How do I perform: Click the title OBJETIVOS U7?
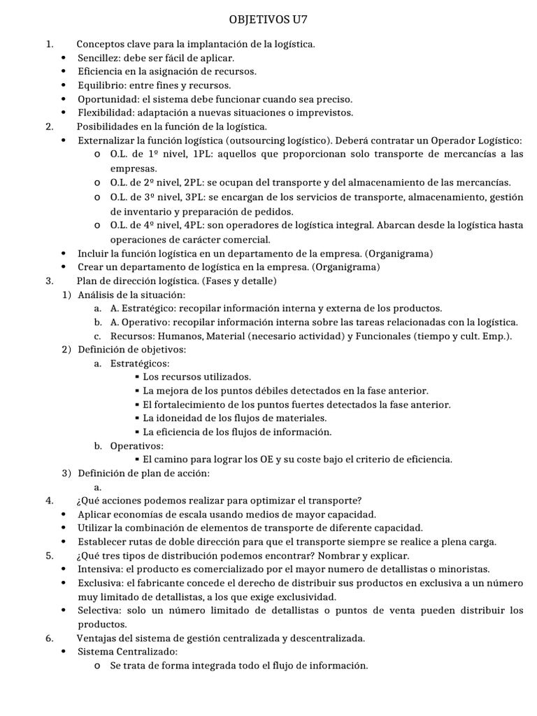coord(268,17)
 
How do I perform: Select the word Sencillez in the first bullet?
coord(97,58)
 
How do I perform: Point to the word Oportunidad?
coord(104,99)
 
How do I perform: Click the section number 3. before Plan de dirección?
coord(49,280)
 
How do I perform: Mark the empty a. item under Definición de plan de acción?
coord(97,487)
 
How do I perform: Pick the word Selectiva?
coord(99,610)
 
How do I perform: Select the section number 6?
coord(49,638)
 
